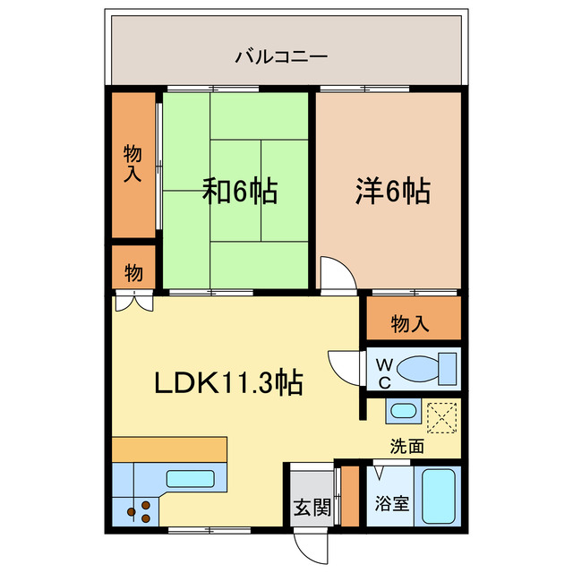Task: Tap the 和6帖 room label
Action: click(x=239, y=191)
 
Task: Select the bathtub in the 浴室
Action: click(x=439, y=498)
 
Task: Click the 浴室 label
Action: click(x=394, y=502)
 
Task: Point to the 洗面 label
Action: click(x=406, y=445)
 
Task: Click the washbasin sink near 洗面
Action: click(x=403, y=412)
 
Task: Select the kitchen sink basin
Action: click(x=191, y=478)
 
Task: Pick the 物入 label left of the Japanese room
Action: click(x=133, y=164)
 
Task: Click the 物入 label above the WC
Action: click(x=411, y=323)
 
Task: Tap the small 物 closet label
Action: click(x=133, y=271)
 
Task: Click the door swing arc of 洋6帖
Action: click(x=337, y=270)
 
